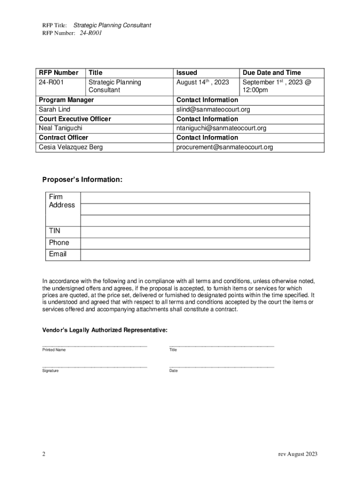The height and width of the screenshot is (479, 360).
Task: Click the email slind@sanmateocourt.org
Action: [213, 109]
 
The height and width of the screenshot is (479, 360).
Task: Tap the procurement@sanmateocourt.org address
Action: [224, 147]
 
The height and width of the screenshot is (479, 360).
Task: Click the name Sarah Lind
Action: [55, 109]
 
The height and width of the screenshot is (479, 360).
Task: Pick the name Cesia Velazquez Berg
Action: [71, 147]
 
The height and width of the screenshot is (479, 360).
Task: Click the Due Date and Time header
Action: [272, 73]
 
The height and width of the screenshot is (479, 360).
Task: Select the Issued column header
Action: [187, 73]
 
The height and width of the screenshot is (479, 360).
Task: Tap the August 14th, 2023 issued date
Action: [202, 82]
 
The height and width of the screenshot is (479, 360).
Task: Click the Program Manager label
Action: [66, 100]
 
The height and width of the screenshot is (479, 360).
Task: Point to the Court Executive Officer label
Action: [75, 119]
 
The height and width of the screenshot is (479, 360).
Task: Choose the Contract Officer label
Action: [64, 138]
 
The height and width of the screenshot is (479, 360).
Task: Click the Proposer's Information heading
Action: [82, 180]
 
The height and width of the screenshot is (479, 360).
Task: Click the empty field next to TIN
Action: [195, 232]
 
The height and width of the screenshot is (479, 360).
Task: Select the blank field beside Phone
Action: [195, 243]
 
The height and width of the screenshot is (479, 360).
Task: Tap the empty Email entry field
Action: [195, 255]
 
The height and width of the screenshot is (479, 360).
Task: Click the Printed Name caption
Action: [54, 350]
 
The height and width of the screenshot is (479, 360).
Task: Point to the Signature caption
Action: [50, 370]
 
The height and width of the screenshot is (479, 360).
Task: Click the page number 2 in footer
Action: [43, 454]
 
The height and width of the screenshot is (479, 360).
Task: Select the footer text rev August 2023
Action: [298, 454]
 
